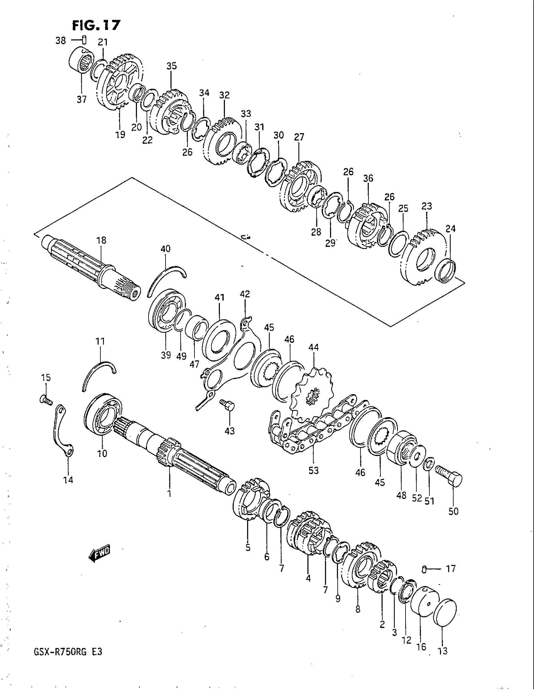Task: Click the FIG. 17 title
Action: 96,25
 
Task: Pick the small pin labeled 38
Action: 84,40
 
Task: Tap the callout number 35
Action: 172,66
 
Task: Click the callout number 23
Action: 427,206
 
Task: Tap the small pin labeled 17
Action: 425,569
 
